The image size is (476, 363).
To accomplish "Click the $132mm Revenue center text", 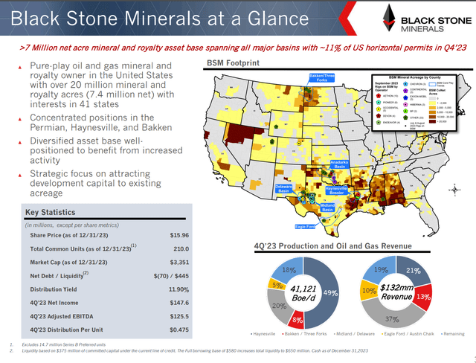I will pyautogui.click(x=408, y=291).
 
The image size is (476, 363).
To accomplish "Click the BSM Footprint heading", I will pyautogui.click(x=234, y=63).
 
